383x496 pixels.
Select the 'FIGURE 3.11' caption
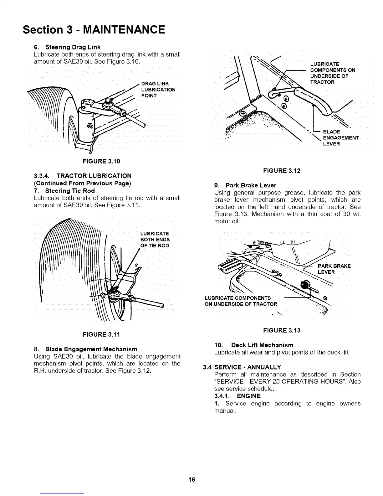tap(101, 334)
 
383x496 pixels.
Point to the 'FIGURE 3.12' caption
tap(282, 171)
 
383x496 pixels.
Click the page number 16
tap(191, 479)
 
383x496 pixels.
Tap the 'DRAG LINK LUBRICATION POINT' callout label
tap(158, 90)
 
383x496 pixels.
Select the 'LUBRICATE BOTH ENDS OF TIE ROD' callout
tap(155, 240)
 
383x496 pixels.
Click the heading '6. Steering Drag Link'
tap(67, 47)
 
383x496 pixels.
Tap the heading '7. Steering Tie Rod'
tap(64, 191)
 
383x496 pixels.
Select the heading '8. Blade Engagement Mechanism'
tap(85, 349)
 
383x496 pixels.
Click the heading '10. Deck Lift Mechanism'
tap(254, 345)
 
